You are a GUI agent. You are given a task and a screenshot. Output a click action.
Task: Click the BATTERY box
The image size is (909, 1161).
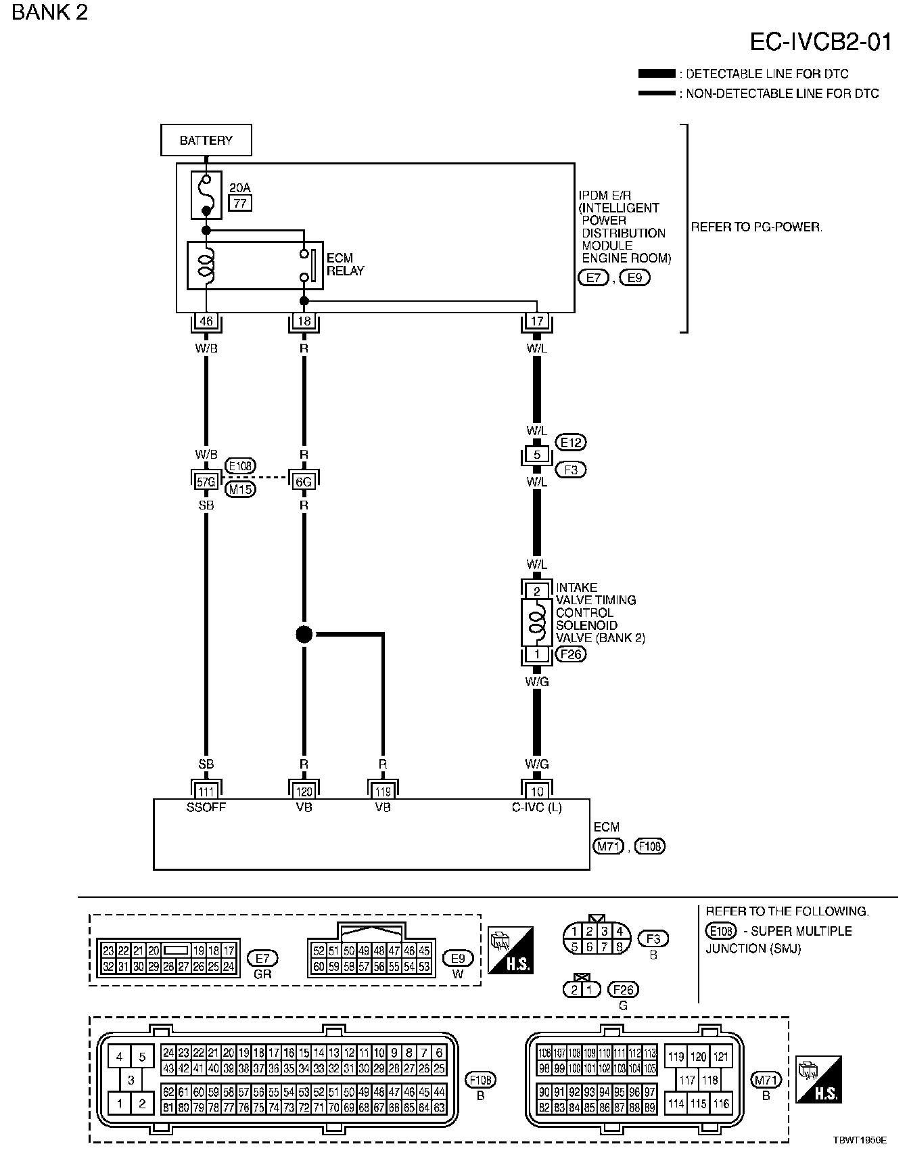206,140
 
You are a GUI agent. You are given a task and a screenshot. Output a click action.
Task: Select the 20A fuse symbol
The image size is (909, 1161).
206,195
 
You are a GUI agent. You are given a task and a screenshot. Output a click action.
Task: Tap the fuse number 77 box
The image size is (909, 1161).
240,202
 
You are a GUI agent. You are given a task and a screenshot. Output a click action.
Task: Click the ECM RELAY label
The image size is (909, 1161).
345,265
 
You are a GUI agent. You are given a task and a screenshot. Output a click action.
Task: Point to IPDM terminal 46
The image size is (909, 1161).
206,321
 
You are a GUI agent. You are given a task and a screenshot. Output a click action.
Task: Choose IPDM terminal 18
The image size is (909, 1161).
304,321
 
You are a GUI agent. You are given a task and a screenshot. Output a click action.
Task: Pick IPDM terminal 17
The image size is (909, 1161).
537,321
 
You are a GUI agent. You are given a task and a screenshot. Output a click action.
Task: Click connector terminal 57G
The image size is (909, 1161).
206,482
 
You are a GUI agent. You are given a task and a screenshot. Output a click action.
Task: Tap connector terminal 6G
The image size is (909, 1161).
304,482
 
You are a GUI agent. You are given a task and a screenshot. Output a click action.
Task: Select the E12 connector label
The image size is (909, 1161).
571,442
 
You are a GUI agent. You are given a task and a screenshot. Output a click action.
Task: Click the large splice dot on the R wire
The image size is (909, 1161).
304,635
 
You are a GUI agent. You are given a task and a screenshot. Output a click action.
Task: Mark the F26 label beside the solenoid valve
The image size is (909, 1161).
571,654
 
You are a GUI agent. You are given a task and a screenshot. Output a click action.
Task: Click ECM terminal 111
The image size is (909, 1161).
206,792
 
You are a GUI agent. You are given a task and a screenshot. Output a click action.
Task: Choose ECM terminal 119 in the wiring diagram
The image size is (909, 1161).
383,792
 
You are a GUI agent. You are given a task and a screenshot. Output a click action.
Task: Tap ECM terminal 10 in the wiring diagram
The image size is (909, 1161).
537,792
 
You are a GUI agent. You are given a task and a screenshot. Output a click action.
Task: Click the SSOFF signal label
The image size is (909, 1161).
206,807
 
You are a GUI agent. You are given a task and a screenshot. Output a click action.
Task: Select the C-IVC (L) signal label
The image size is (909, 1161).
537,807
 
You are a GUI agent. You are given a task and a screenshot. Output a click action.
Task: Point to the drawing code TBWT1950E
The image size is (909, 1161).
860,1140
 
